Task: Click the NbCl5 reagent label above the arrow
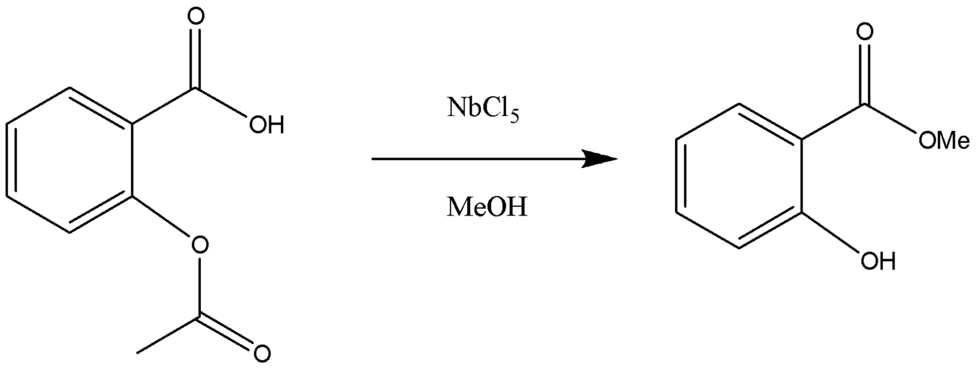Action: pos(483,109)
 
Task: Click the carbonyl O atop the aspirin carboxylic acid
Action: pos(195,17)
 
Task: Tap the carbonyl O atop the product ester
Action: pos(864,32)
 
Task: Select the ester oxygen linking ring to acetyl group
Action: pos(199,245)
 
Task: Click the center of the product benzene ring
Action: pos(739,176)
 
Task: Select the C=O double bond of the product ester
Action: pos(864,72)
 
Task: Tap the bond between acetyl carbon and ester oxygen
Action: pos(199,288)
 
